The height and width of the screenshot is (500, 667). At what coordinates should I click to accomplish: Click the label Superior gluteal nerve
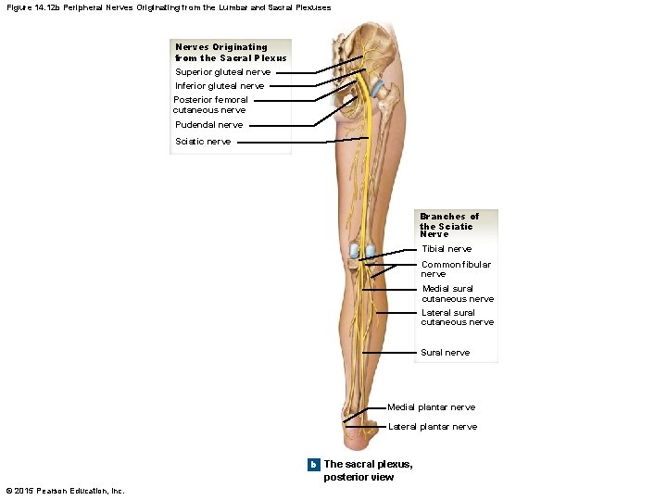[x=223, y=71]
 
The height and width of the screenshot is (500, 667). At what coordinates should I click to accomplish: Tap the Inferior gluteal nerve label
[x=220, y=86]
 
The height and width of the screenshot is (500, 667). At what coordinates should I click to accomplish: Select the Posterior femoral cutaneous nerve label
[x=210, y=105]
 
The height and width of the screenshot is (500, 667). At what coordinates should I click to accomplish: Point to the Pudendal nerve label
[x=209, y=124]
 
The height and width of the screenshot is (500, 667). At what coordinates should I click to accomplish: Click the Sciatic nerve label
[x=203, y=142]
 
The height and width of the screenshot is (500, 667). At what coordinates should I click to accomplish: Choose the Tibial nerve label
[x=447, y=249]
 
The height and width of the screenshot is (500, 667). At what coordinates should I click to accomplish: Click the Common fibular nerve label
[x=456, y=269]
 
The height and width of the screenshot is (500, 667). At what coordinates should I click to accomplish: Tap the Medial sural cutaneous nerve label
[x=458, y=294]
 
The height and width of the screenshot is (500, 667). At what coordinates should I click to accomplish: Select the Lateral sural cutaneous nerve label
[x=458, y=317]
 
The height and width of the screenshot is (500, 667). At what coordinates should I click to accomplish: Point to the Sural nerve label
[x=446, y=353]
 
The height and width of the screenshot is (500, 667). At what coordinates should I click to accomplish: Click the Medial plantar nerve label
[x=431, y=407]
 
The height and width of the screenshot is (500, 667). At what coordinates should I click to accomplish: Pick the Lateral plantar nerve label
[x=433, y=427]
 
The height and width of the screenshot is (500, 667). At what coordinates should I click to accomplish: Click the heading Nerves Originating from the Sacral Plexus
[x=231, y=52]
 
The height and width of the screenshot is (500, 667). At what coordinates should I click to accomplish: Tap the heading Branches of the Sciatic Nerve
[x=449, y=225]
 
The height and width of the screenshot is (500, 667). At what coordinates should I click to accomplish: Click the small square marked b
[x=314, y=464]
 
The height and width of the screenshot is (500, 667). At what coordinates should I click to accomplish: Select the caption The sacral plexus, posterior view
[x=368, y=470]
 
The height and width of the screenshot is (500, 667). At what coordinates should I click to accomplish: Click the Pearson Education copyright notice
[x=65, y=490]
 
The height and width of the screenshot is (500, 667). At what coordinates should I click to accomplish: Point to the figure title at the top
[x=167, y=7]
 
